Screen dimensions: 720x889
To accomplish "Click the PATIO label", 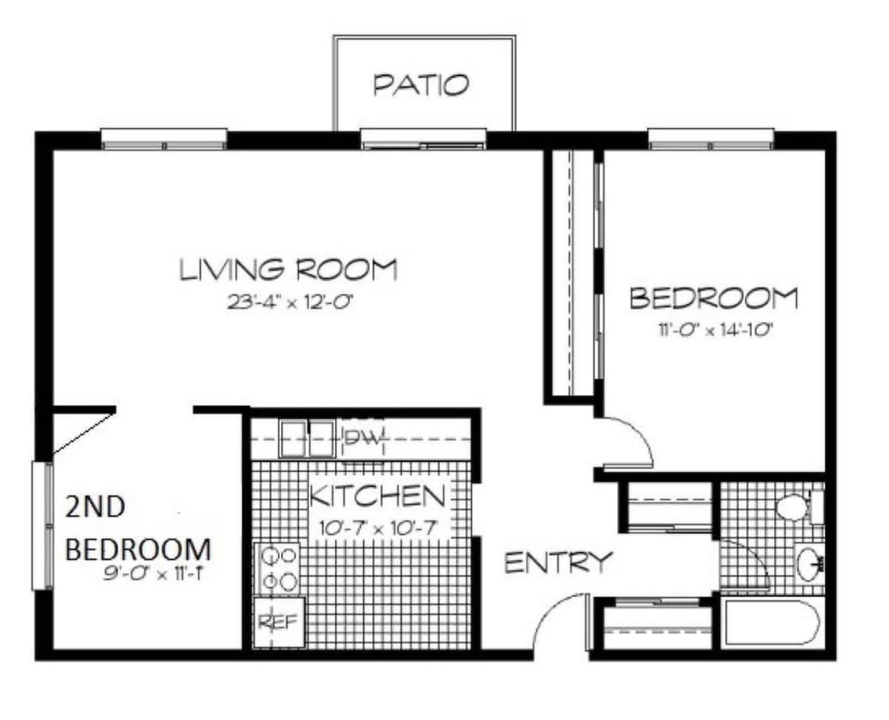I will coord(421,85).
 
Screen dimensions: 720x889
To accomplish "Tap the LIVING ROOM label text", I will coord(288,270).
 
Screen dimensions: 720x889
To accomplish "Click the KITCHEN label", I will coord(377,497).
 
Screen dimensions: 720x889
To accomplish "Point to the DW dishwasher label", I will coord(362,438).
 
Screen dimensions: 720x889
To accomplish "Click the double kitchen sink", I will coord(307,438).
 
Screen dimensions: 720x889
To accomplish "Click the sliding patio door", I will coord(423,140).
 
